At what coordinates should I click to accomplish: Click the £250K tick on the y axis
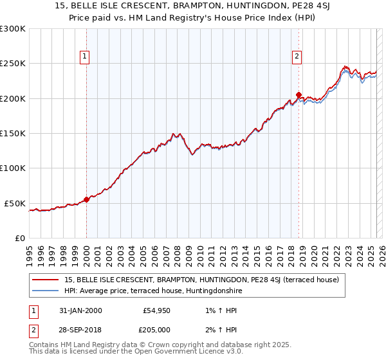click(13, 64)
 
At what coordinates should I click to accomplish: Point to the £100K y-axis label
click(13, 168)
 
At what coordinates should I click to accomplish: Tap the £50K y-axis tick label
click(15, 203)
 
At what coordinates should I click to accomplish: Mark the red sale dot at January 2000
click(86, 199)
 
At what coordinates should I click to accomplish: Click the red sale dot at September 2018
click(299, 95)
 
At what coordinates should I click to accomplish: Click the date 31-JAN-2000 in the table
click(79, 310)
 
